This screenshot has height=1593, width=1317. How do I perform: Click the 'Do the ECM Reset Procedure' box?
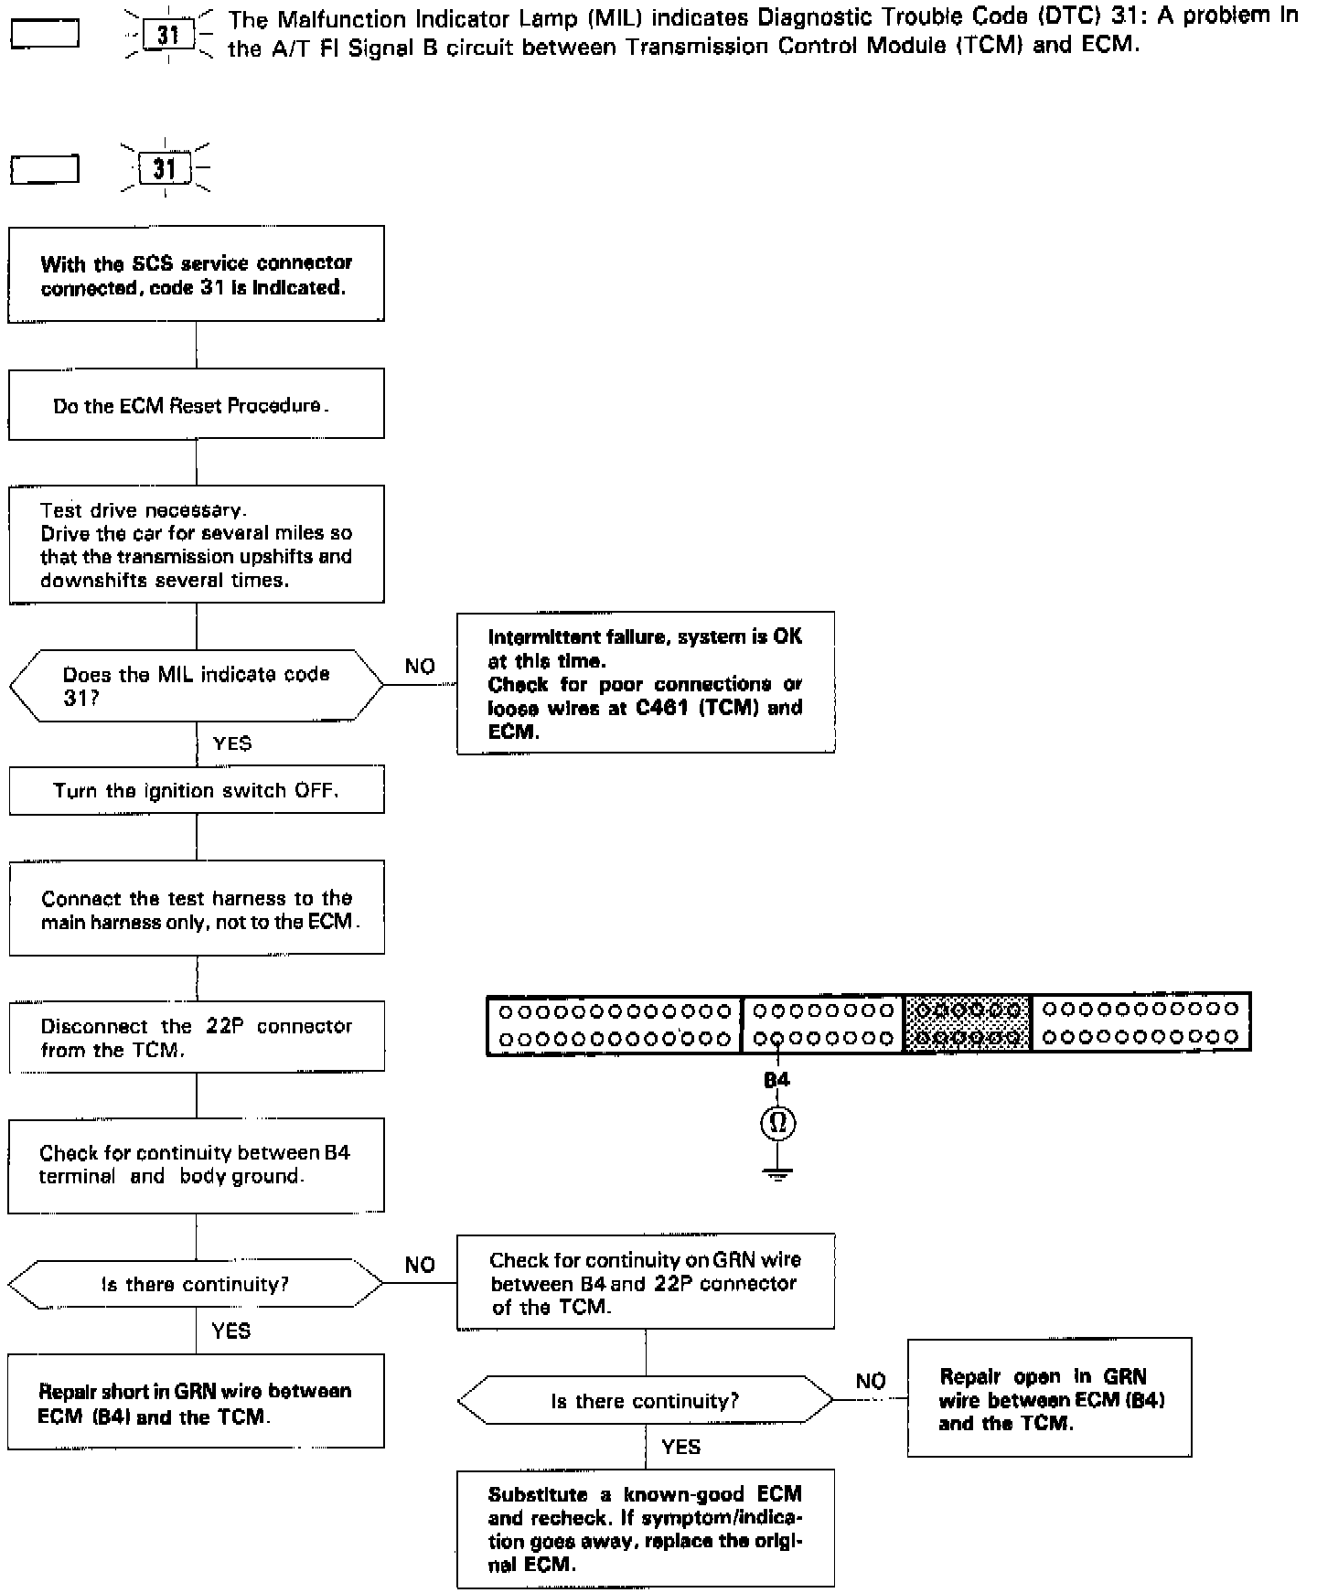tap(196, 404)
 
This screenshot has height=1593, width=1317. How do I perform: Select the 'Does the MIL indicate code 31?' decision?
tap(196, 685)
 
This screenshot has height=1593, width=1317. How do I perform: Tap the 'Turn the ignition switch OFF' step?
tap(196, 791)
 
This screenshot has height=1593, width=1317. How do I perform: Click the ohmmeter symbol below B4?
tap(777, 1122)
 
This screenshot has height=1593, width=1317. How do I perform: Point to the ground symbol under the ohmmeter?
tap(777, 1173)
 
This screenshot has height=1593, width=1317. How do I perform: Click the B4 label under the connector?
tap(776, 1080)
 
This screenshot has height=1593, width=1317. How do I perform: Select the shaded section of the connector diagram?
tap(967, 1023)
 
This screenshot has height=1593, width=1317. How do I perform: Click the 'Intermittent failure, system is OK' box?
tap(646, 683)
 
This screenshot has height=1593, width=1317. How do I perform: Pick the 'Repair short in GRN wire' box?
tap(196, 1403)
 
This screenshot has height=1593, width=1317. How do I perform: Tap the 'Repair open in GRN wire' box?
tap(1049, 1399)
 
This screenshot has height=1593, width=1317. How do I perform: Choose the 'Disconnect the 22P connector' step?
tap(196, 1038)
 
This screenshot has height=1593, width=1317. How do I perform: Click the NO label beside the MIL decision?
tap(420, 667)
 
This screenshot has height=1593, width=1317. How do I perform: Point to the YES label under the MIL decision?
tap(232, 743)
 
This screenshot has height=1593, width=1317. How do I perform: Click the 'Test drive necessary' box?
tap(196, 545)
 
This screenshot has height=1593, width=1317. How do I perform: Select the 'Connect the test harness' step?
tap(196, 909)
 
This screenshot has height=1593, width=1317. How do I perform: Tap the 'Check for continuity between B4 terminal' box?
tap(196, 1164)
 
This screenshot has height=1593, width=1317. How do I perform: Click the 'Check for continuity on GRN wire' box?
tap(646, 1282)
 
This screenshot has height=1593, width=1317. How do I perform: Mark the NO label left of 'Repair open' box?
tap(871, 1381)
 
